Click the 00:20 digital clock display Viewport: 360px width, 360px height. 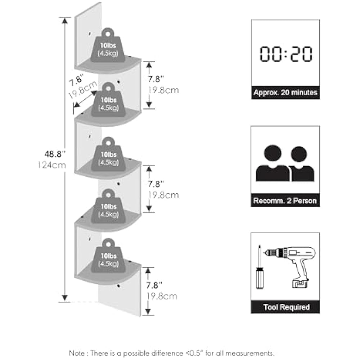pos(285,54)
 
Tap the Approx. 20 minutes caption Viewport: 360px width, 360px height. pos(285,93)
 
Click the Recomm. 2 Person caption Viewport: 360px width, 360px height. pos(285,201)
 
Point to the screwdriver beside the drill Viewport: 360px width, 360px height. pos(258,268)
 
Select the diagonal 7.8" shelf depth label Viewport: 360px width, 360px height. pos(77,78)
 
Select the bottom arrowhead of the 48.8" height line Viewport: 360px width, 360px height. pos(65,297)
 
